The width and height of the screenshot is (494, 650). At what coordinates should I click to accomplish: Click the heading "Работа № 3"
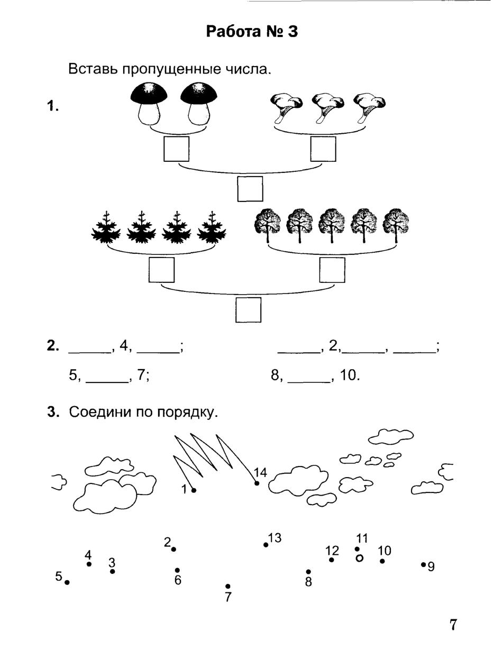tap(252, 32)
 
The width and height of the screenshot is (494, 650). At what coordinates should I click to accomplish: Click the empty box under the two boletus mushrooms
tap(176, 149)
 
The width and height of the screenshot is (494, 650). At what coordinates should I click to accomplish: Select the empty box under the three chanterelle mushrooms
tap(323, 149)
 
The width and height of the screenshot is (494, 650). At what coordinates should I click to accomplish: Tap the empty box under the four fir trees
tap(161, 270)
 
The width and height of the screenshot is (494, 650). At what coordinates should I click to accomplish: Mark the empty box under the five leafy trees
tap(332, 270)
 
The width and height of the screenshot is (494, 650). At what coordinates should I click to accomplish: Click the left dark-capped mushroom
tap(149, 104)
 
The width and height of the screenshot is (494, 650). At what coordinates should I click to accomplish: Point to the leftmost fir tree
tap(106, 228)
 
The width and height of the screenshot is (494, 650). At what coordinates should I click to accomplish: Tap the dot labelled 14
tap(257, 483)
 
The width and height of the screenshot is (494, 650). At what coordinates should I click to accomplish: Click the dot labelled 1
tap(194, 490)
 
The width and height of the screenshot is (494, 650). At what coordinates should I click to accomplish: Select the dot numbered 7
tap(228, 586)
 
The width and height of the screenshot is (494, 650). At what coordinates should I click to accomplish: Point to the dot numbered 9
tap(423, 564)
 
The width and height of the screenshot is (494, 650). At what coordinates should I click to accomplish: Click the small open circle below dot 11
tap(360, 558)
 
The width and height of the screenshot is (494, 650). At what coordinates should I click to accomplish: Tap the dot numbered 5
tap(67, 582)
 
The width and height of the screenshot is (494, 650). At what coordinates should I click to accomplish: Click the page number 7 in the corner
tap(453, 625)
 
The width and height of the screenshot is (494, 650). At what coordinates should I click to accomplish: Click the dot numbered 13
tap(266, 545)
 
